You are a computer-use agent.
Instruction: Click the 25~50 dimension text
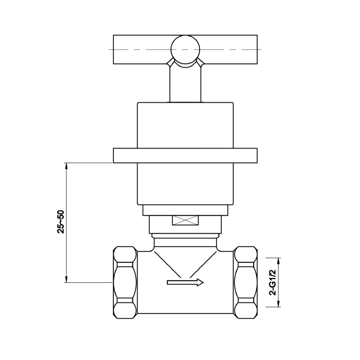point(61,222)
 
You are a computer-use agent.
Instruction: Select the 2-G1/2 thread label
point(273,283)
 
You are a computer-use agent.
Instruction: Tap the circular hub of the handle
point(185,50)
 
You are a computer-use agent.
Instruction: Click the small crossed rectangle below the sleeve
point(185,220)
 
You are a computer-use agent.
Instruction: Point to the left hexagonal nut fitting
point(125,283)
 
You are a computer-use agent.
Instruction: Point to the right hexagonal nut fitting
point(246,283)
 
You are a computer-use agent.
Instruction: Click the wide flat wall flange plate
point(185,156)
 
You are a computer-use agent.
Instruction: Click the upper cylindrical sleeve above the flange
point(185,125)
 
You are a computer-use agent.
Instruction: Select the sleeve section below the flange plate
point(185,184)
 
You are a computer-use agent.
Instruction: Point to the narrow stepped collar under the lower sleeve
point(185,210)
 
